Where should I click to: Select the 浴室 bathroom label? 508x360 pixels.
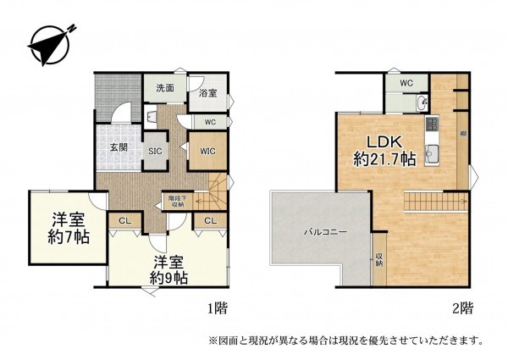point(207,94)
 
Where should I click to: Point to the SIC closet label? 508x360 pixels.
point(155,151)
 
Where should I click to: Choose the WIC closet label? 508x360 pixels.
point(207,151)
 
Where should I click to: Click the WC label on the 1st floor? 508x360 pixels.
point(211,122)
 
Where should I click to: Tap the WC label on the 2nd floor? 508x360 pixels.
point(406,83)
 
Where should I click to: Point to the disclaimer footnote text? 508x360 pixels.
point(346,341)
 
